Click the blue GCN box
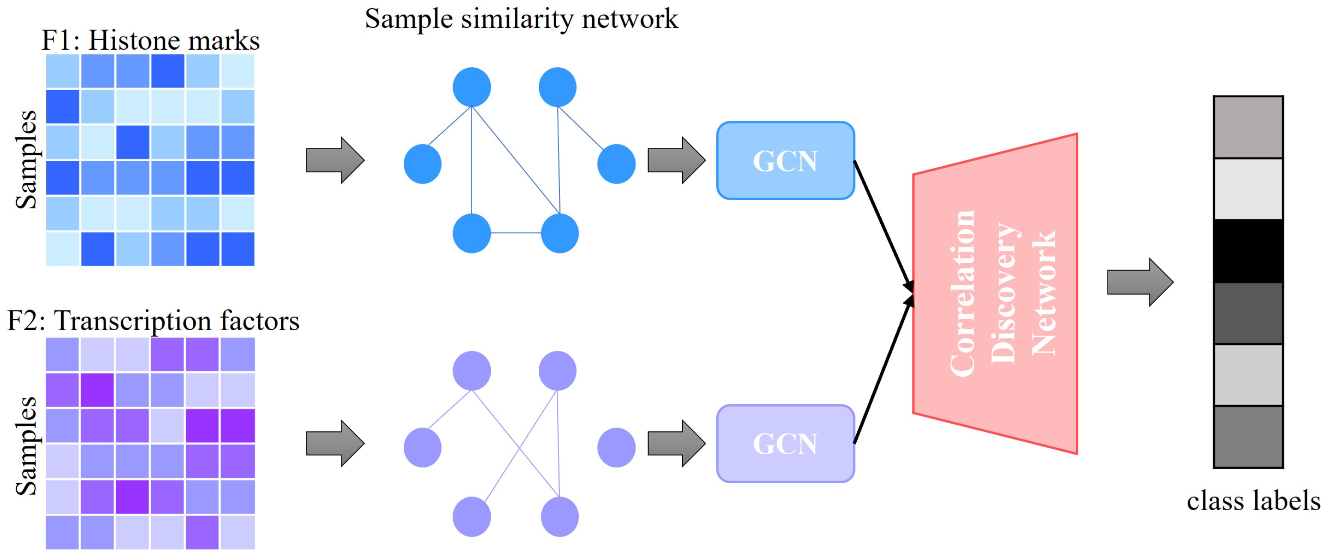[x=785, y=160]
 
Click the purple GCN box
[x=785, y=444]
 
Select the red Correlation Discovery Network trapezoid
[x=995, y=294]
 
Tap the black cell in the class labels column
[x=1248, y=251]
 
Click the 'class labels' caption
[x=1253, y=501]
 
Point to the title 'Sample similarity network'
[x=521, y=19]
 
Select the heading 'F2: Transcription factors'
[x=153, y=321]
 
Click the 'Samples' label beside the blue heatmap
[x=26, y=160]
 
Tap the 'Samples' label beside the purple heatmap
[x=26, y=446]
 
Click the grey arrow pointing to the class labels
[x=1140, y=282]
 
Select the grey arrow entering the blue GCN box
[x=676, y=160]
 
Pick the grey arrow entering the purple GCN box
[x=676, y=444]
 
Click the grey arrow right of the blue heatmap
[x=335, y=160]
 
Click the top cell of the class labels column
[x=1248, y=127]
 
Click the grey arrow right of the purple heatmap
[x=335, y=444]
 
